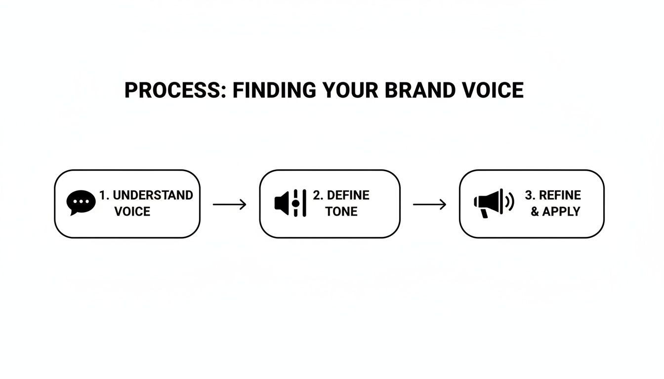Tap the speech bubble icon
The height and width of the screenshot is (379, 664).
81,203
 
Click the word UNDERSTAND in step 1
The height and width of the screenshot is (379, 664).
153,195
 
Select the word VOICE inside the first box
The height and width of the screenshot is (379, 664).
132,212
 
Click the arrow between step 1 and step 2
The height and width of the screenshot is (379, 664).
229,204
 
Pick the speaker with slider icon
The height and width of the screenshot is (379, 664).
290,203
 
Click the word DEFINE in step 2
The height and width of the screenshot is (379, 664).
348,195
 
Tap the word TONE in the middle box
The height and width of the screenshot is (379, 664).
341,212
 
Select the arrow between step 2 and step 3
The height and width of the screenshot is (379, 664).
429,204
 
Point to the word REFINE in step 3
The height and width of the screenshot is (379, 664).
560,195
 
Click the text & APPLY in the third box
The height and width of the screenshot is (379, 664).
555,212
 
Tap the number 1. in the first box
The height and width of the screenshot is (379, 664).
104,195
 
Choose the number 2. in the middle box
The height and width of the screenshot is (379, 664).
318,195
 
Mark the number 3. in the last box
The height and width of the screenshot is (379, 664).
530,195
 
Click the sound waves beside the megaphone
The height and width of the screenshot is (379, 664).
510,201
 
